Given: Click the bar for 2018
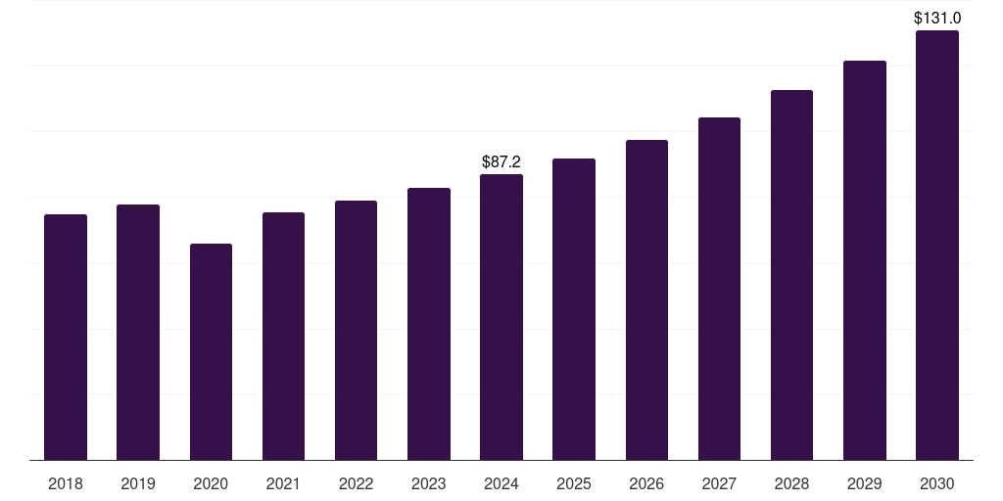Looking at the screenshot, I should (x=66, y=337).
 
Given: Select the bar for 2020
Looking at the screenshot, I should (x=211, y=351).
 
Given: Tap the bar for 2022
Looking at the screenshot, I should (x=356, y=330).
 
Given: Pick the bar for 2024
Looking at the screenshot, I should (x=501, y=317).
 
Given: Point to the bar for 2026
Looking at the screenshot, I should (x=646, y=299).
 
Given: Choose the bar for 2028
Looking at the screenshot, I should (x=791, y=275).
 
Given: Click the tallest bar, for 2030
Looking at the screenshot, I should (x=937, y=245).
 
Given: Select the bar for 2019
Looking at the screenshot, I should (x=138, y=332).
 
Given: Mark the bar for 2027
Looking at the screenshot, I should (x=719, y=289).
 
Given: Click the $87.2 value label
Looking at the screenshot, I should (x=501, y=161).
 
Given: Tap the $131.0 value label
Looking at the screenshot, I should (x=937, y=18).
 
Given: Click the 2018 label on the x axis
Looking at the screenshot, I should (x=66, y=483).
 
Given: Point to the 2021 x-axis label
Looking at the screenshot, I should (x=283, y=483).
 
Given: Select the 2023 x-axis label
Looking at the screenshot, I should (x=428, y=483).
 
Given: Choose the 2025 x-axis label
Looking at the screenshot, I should (x=574, y=483).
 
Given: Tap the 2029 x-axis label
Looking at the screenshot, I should (x=864, y=483).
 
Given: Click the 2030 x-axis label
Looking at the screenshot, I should (x=937, y=483).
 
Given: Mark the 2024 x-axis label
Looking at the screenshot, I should (x=501, y=483).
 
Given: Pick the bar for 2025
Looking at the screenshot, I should (x=574, y=309).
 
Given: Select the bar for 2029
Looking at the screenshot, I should (x=864, y=260).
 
